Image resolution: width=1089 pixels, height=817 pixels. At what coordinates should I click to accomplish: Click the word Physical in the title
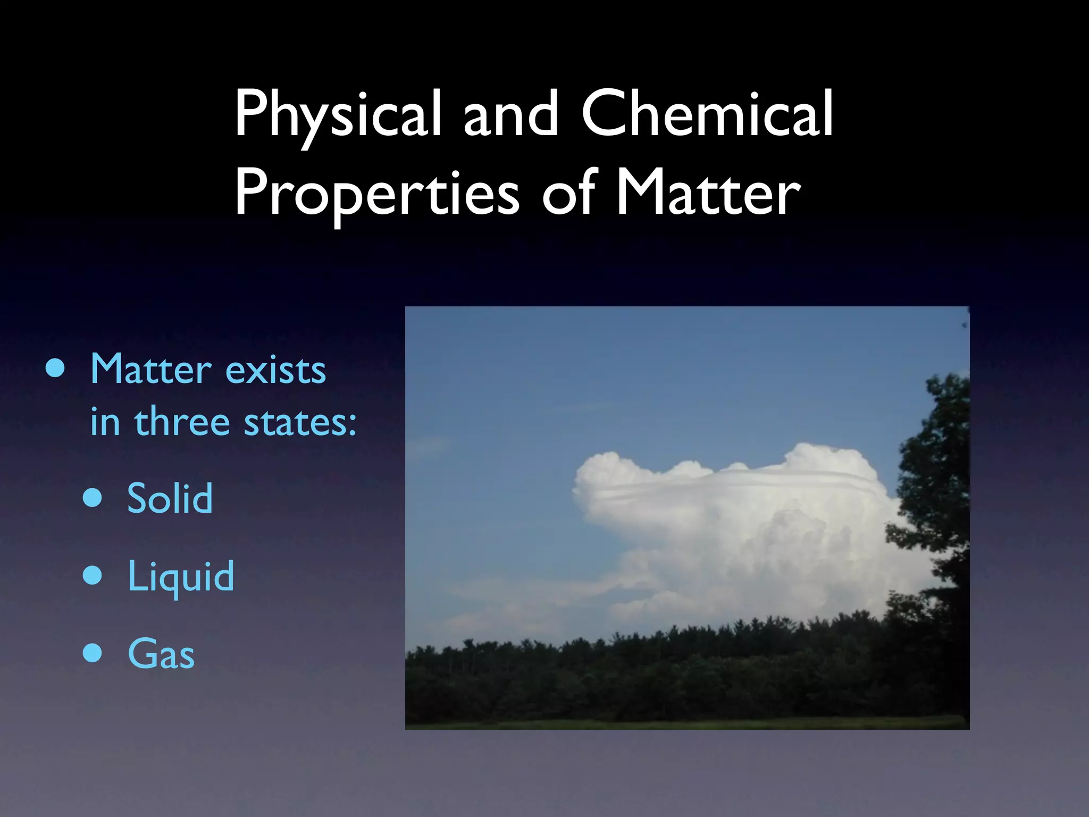[338, 114]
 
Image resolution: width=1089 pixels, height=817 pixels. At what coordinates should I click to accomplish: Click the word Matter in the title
[707, 193]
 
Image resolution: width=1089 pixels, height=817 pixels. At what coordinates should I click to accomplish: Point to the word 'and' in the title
[510, 114]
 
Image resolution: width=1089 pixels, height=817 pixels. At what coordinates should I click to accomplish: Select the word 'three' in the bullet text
[182, 421]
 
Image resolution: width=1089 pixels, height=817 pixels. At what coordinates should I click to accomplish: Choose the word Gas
[161, 654]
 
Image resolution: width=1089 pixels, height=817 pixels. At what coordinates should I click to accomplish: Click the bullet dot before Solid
[93, 498]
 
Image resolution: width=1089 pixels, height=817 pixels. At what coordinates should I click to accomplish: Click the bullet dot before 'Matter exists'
[55, 368]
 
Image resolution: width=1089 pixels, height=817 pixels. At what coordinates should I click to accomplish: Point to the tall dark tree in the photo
[936, 505]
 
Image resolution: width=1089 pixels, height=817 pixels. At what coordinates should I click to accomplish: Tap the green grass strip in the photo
[686, 724]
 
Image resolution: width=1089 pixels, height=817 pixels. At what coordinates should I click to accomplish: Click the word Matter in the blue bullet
[151, 369]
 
